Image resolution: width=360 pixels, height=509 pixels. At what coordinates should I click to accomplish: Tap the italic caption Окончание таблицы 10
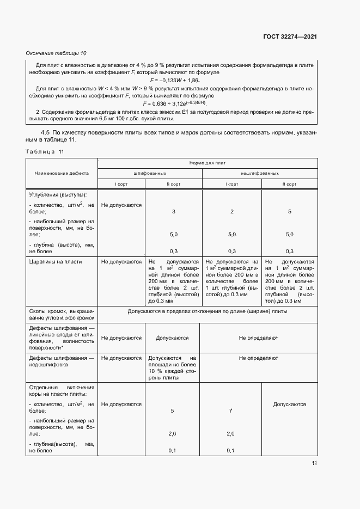(56, 53)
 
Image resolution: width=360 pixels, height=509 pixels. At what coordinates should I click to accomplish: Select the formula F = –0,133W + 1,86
(172, 80)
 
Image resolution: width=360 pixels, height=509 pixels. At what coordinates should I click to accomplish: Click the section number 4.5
(46, 132)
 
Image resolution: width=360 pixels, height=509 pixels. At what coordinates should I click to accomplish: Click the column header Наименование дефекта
(61, 173)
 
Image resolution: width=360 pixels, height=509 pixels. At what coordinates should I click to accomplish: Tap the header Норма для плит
(207, 163)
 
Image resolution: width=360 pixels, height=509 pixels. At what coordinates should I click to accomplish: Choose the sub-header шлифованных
(150, 173)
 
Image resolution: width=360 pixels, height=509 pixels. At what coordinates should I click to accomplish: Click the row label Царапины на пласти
(55, 262)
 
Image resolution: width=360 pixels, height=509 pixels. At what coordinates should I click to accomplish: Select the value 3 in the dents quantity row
(173, 211)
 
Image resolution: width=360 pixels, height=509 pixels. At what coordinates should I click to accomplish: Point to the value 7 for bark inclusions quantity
(231, 411)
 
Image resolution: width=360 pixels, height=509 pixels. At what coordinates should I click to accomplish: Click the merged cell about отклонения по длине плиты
(207, 312)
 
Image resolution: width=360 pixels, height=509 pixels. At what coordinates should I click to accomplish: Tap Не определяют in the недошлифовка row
(258, 358)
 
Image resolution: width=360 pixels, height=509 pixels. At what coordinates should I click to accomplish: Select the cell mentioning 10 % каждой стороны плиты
(173, 368)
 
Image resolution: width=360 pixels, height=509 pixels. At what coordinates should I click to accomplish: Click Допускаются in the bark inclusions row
(289, 404)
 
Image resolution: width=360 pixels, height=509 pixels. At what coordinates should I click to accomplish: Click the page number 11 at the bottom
(314, 463)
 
